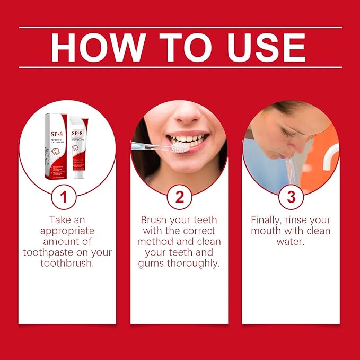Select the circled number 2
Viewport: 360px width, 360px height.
[179, 198]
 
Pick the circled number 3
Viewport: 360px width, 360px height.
[291, 198]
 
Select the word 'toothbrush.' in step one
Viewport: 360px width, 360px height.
[67, 264]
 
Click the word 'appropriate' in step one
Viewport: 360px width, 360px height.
[67, 231]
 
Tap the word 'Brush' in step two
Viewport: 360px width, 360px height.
[154, 219]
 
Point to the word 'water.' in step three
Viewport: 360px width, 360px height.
[291, 242]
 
